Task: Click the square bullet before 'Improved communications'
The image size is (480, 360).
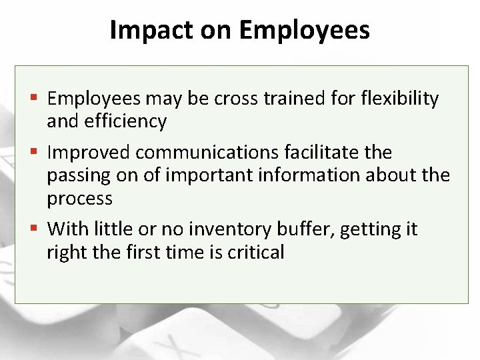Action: click(36, 153)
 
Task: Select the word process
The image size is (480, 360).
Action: click(79, 199)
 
